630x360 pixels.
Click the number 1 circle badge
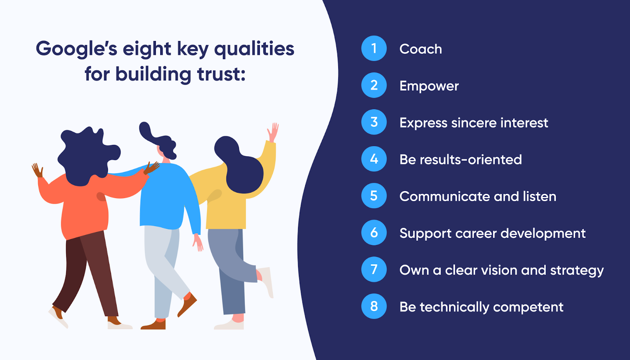coord(374,48)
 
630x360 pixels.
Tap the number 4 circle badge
coord(374,159)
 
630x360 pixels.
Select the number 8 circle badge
coord(374,306)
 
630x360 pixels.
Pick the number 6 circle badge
coord(374,232)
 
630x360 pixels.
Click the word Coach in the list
coord(421,49)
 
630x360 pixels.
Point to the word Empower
coord(429,86)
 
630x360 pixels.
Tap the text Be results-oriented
coord(460,160)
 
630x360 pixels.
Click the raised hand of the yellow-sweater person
coord(273,132)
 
